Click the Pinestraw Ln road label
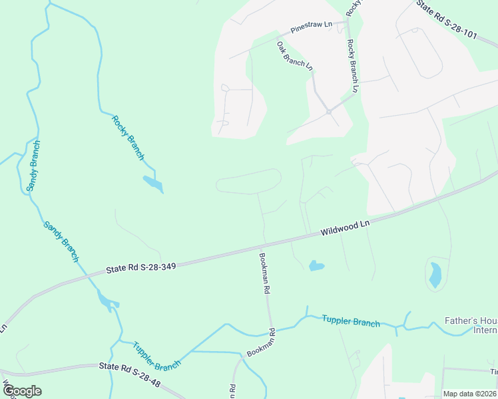[x=311, y=27]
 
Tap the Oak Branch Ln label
[x=294, y=55]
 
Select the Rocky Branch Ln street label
[x=352, y=65]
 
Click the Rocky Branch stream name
[x=127, y=138]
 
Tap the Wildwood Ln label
[x=344, y=228]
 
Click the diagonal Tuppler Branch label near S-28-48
[x=156, y=356]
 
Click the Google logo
[x=22, y=390]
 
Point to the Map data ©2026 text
[x=469, y=394]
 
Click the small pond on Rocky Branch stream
[x=152, y=182]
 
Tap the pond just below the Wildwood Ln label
[x=316, y=266]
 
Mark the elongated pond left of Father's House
[x=435, y=275]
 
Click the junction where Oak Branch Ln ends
[x=329, y=112]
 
